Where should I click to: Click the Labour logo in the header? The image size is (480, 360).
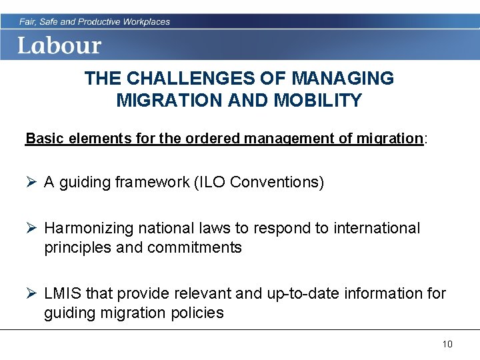click(59, 45)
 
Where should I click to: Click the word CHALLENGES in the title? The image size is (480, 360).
click(174, 79)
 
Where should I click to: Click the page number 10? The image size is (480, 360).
click(447, 344)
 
